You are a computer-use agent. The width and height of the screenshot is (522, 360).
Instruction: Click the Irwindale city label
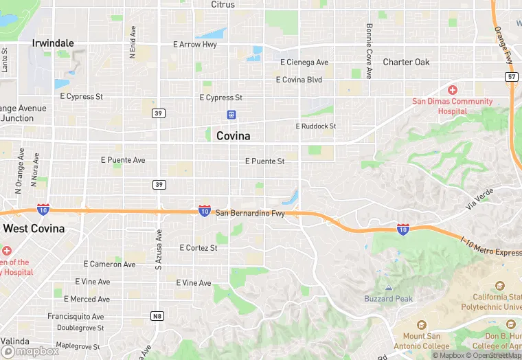[x=53, y=43]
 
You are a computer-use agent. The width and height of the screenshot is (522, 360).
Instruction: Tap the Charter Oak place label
[x=406, y=62]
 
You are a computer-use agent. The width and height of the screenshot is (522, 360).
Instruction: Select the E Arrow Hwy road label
[x=194, y=45]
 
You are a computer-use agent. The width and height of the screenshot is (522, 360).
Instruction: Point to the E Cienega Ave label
[x=304, y=63]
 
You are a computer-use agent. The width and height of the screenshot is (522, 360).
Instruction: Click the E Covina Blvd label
[x=299, y=80]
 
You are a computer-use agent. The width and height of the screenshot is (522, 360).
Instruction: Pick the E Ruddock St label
[x=316, y=126]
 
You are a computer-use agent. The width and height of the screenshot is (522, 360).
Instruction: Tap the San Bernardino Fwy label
[x=250, y=214]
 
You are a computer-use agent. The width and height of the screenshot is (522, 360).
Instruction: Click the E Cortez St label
[x=198, y=247]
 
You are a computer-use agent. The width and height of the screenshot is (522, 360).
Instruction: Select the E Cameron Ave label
[x=110, y=264]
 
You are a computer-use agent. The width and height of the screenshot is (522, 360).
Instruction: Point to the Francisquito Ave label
[x=76, y=317]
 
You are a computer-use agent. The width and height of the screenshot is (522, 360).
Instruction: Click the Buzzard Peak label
[x=388, y=299]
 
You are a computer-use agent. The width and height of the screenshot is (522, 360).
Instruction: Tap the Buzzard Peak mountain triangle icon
[x=389, y=288]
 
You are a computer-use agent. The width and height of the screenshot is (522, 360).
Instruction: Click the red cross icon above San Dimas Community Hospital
[x=453, y=90]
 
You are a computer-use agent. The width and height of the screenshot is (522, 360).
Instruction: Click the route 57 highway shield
[x=512, y=76]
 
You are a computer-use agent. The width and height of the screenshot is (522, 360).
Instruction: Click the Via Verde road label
[x=479, y=199]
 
